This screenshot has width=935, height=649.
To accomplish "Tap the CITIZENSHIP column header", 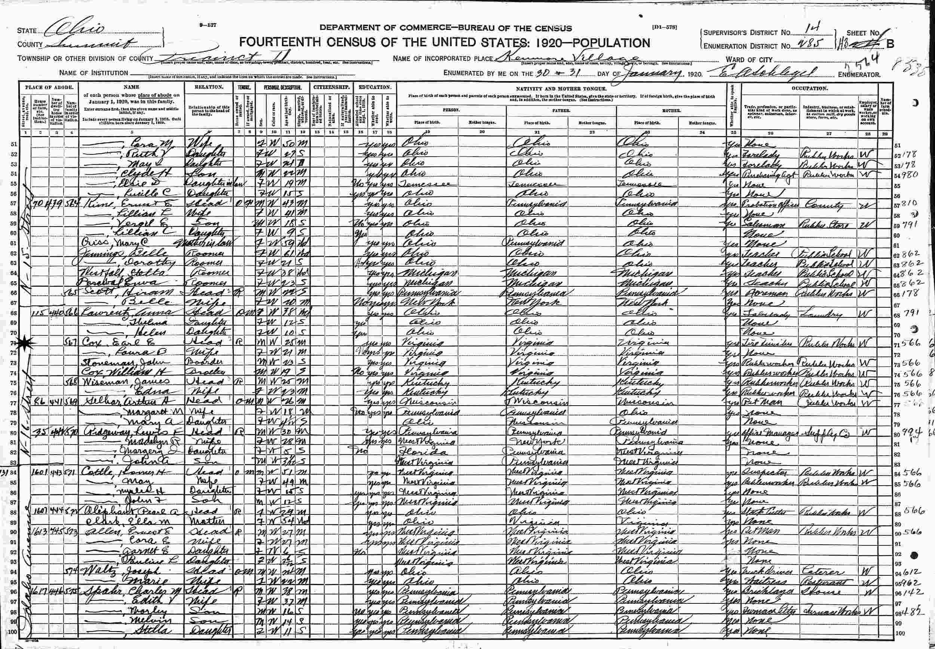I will [331, 87].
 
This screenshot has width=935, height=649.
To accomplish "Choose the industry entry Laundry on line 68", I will [820, 314].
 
